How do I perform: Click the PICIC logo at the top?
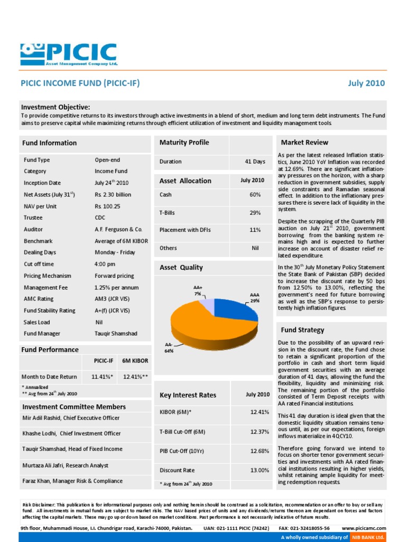[x=69, y=55]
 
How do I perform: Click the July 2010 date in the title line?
[x=366, y=83]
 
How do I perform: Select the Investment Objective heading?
[x=56, y=107]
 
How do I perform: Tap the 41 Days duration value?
[x=255, y=161]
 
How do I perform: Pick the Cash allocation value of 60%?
[x=255, y=195]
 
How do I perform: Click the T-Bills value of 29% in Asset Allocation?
[x=255, y=213]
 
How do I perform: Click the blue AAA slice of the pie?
[x=238, y=310]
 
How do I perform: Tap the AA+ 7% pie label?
[x=198, y=290]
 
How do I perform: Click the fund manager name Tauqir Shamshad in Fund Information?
[x=116, y=333]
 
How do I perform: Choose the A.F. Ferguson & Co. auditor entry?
[x=118, y=229]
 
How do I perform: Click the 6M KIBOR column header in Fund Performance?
[x=135, y=361]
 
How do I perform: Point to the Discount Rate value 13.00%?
[x=260, y=470]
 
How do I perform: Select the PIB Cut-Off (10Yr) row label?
[x=182, y=451]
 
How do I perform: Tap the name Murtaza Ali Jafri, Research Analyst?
[x=65, y=465]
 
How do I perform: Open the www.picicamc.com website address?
[x=364, y=528]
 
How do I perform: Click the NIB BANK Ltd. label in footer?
[x=368, y=537]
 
